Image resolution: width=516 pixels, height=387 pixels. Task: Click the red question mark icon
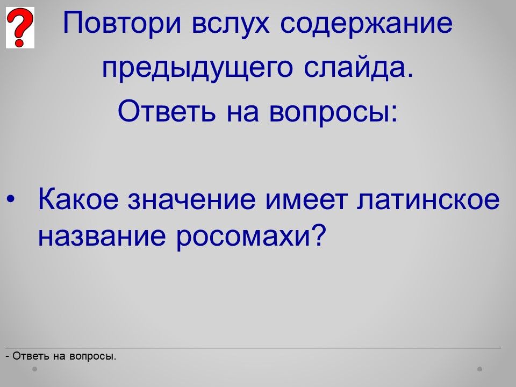(20, 27)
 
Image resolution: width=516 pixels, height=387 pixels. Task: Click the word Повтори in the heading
(122, 23)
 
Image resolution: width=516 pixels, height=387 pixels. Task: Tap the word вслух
(231, 24)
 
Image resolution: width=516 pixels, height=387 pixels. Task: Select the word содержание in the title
(367, 24)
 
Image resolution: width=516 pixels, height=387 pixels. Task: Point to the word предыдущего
(197, 69)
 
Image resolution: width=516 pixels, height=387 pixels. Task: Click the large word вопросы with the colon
(334, 112)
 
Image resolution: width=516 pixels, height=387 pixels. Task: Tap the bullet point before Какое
(10, 199)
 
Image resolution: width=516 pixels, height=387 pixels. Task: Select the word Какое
(78, 199)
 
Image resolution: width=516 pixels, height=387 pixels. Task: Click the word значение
(191, 199)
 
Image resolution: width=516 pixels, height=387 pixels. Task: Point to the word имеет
(306, 199)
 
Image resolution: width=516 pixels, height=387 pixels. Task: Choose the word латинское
(428, 199)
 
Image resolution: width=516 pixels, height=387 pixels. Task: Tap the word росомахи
(243, 237)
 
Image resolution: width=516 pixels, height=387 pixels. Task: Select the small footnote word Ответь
(31, 356)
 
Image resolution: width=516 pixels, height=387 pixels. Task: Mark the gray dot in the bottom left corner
(34, 369)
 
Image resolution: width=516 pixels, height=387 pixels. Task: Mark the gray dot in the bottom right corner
(480, 369)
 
